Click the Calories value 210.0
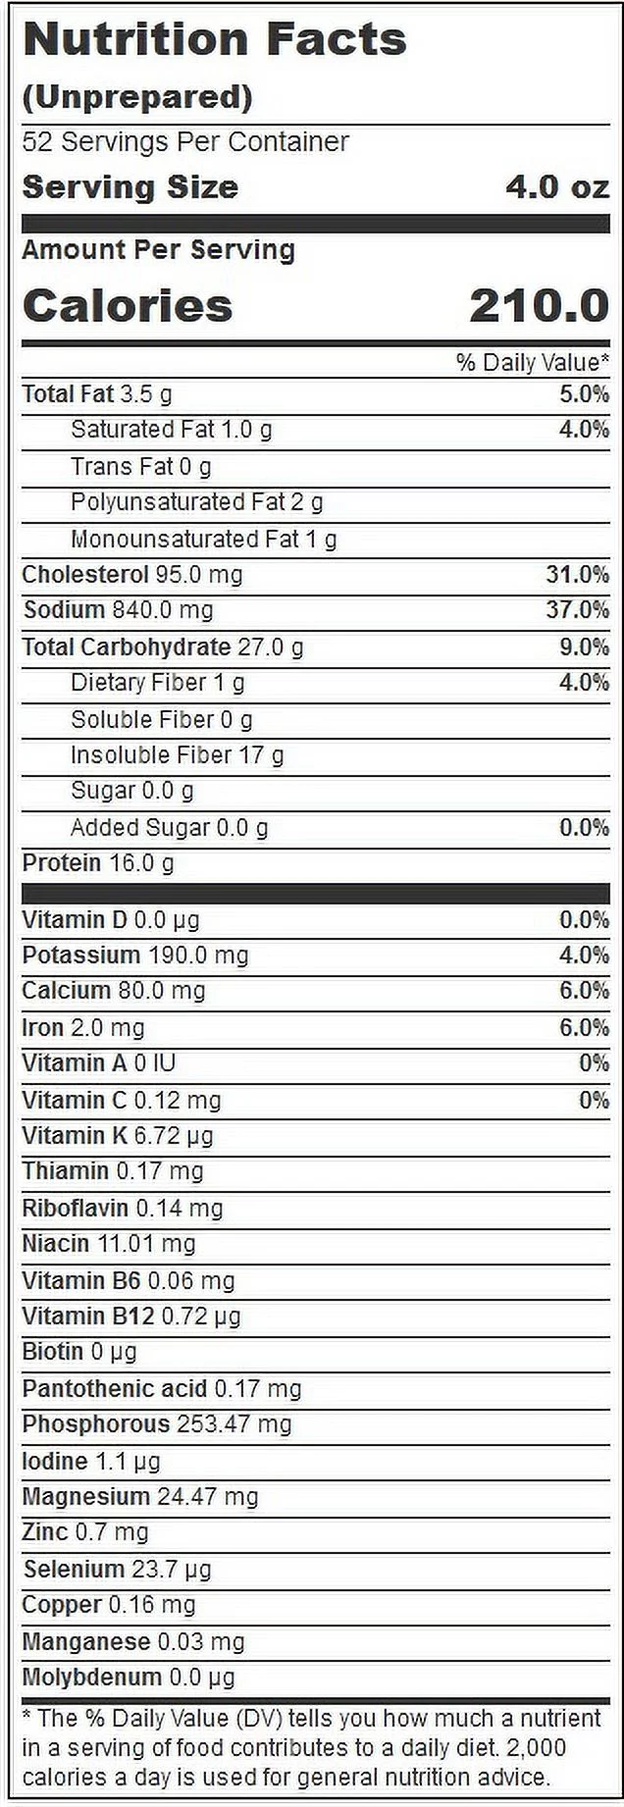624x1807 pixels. (539, 306)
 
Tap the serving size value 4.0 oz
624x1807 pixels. (556, 186)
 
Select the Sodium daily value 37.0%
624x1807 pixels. (577, 610)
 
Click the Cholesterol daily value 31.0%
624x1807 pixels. (577, 574)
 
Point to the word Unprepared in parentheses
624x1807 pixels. (137, 97)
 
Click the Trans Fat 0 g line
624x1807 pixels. (140, 466)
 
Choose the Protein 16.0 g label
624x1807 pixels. (98, 863)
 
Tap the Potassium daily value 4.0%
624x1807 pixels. (584, 955)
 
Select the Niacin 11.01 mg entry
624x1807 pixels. (109, 1244)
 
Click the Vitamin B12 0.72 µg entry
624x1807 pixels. (130, 1317)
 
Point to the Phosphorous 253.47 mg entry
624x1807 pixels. (157, 1424)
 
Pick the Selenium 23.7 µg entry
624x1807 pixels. (117, 1570)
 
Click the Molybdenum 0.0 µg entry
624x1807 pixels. (129, 1678)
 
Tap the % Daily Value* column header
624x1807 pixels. (532, 362)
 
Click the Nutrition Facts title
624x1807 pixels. (214, 40)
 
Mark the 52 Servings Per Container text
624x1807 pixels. (185, 142)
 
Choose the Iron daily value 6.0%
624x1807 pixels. (584, 1027)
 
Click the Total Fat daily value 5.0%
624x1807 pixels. (584, 394)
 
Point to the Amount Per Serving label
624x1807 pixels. (158, 250)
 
